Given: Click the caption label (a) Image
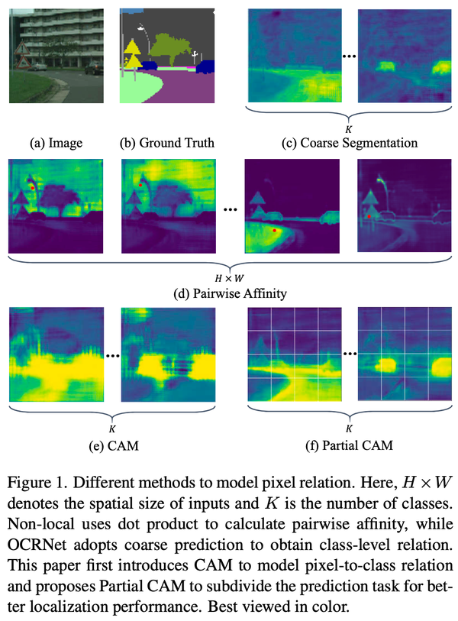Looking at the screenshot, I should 55,142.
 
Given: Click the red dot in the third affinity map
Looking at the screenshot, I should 274,229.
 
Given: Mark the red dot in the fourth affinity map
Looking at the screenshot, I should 369,217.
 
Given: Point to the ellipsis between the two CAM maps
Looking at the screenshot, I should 112,355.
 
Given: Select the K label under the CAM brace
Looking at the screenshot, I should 112,429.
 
